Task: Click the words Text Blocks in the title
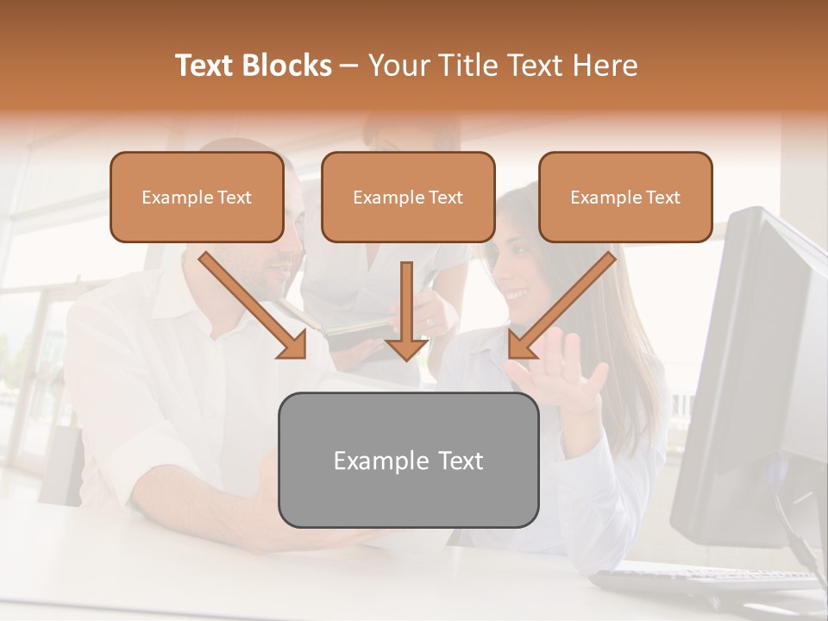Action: pos(254,66)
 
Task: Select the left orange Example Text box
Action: pos(197,197)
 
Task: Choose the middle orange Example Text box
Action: pos(408,197)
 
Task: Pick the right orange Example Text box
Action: pos(625,197)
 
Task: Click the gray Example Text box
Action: pos(408,460)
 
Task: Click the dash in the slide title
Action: pos(349,66)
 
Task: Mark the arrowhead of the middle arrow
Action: pos(406,347)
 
